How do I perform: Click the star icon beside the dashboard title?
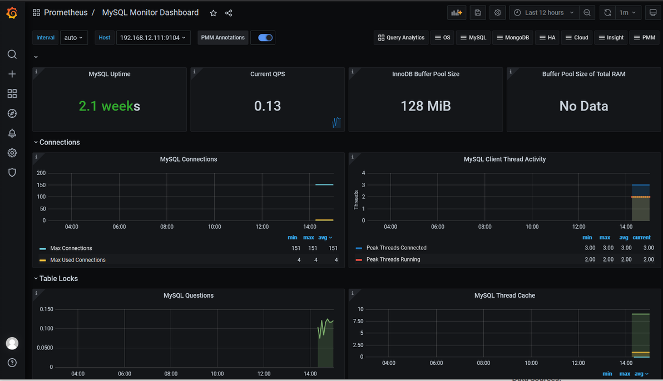[x=213, y=13]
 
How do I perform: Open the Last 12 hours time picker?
[x=544, y=13]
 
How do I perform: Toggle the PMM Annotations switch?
[x=265, y=38]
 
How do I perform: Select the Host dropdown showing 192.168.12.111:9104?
[x=153, y=38]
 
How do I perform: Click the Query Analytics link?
[x=401, y=38]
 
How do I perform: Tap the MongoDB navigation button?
[x=512, y=38]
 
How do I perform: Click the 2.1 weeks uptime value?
[x=109, y=106]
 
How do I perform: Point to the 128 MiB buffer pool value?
[x=425, y=106]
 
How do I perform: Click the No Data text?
[x=583, y=106]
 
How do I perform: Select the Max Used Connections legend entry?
[x=78, y=260]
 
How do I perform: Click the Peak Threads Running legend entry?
[x=393, y=259]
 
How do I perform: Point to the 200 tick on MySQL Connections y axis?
[x=41, y=173]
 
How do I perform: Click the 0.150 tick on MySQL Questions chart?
[x=47, y=309]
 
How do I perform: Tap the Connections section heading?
[x=60, y=142]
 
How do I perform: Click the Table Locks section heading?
[x=59, y=278]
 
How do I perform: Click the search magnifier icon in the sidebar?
[x=12, y=54]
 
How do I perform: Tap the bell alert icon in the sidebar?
[x=12, y=133]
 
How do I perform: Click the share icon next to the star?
[x=229, y=13]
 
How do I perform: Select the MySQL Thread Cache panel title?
[x=504, y=295]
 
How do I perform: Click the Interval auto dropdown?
[x=73, y=38]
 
